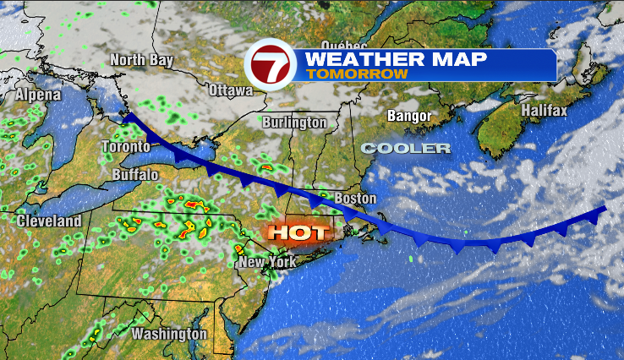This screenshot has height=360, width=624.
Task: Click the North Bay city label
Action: (141, 60)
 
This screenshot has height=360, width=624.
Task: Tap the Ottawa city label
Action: (231, 90)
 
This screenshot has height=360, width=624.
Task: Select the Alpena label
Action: (33, 95)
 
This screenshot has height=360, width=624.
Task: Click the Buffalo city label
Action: (135, 175)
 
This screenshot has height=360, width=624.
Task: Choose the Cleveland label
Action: (49, 221)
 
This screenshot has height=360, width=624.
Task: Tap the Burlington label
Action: (294, 123)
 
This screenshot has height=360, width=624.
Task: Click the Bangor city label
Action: (409, 116)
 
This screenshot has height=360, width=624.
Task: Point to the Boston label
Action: (355, 199)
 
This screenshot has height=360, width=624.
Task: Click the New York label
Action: (266, 263)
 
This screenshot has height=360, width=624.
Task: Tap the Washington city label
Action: (169, 334)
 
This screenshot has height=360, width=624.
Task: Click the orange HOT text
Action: (289, 231)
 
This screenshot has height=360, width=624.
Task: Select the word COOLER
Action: (406, 149)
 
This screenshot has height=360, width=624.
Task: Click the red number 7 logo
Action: (271, 65)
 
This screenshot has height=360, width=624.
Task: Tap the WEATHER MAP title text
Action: (396, 59)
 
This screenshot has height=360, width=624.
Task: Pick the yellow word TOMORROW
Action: (357, 74)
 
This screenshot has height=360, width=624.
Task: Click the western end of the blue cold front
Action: (125, 117)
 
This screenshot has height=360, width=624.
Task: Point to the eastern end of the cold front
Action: (605, 208)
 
